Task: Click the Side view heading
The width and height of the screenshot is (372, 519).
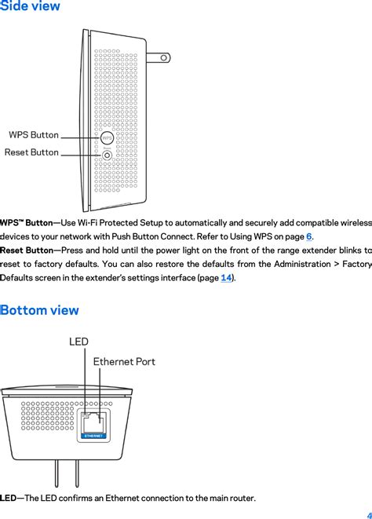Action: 30,7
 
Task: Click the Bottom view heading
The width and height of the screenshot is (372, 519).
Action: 40,310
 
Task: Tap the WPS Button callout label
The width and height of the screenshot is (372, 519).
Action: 34,135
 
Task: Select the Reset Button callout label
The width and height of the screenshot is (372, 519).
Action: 31,152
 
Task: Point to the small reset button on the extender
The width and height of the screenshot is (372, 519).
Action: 107,154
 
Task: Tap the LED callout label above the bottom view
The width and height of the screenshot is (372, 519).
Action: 78,342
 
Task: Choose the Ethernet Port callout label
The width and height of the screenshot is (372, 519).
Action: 124,361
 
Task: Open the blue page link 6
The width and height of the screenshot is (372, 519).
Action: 309,236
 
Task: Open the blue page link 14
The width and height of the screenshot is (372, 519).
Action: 225,278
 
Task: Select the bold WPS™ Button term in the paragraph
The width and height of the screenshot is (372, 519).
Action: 27,223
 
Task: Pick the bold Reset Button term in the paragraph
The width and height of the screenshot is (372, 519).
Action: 27,250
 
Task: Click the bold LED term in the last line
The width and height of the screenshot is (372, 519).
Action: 8,499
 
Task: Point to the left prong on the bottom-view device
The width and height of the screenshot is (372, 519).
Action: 57,472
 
